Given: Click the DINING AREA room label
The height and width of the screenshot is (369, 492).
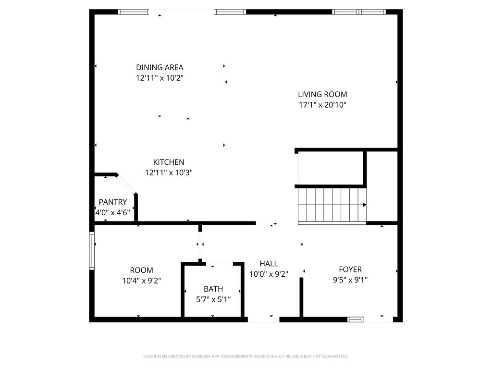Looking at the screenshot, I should [160, 68].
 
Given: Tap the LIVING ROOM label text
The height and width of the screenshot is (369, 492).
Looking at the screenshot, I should [322, 95].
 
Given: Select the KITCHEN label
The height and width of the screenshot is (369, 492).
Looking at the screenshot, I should [169, 162].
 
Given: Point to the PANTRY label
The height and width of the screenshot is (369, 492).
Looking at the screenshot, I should [113, 202].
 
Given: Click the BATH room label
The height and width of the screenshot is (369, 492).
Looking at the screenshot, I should [213, 289].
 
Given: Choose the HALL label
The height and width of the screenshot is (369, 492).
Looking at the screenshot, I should [269, 264].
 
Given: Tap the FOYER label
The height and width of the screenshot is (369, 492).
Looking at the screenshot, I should [350, 270].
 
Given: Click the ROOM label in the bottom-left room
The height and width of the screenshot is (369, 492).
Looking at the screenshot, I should [141, 271].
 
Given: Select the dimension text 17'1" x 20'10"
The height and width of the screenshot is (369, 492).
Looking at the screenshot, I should [322, 105].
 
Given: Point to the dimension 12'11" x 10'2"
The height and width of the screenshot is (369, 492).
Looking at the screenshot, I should [160, 78].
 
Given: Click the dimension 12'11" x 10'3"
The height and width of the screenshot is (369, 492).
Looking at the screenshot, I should [169, 172].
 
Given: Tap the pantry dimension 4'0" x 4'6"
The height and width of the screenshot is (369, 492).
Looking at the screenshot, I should [113, 212].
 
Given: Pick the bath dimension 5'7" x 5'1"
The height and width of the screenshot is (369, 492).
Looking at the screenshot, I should [213, 299].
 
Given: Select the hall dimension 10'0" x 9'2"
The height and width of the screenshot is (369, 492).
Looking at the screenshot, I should [269, 274].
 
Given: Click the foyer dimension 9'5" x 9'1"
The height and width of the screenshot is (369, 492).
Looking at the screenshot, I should [350, 280].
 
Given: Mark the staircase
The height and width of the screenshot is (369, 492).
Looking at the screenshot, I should [332, 205].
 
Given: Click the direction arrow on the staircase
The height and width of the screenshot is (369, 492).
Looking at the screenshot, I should [365, 205].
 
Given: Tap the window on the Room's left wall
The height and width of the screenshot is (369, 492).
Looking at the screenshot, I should [92, 250].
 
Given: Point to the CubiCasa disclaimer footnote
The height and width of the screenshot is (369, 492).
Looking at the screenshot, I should [246, 357].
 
